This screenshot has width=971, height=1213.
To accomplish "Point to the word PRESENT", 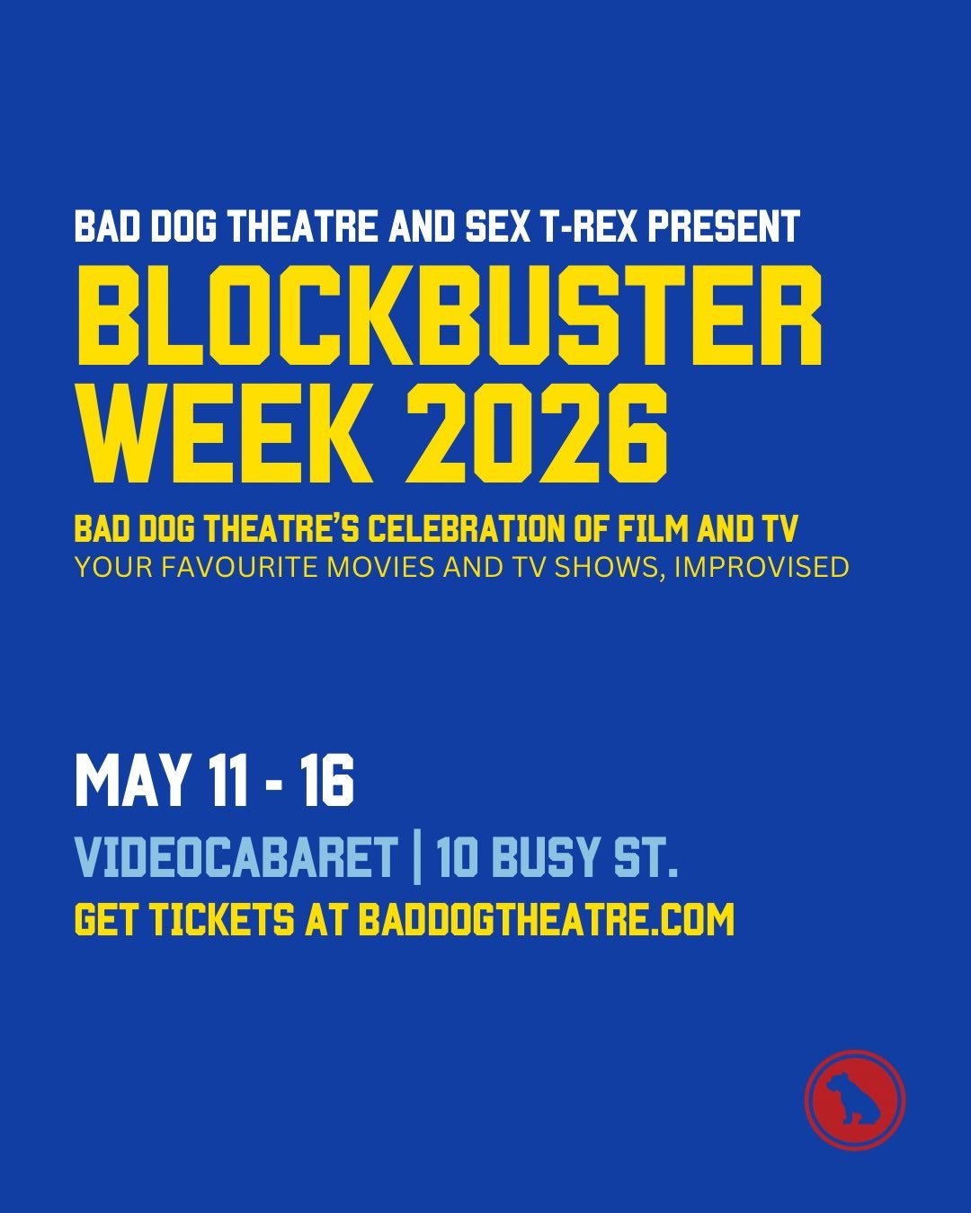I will click(x=724, y=226).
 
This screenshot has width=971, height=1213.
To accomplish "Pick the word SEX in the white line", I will click(x=497, y=226).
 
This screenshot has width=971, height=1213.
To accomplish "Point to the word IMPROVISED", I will click(x=762, y=568).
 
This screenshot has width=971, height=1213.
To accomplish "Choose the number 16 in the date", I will click(x=327, y=780).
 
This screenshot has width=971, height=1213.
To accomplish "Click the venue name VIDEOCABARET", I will click(x=236, y=858).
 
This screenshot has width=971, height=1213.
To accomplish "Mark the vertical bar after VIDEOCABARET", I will click(x=417, y=858).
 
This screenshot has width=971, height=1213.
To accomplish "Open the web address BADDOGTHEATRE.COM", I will click(x=547, y=919).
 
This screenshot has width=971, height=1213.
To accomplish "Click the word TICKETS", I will click(x=221, y=919).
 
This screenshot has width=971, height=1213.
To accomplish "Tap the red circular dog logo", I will click(x=855, y=1100).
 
